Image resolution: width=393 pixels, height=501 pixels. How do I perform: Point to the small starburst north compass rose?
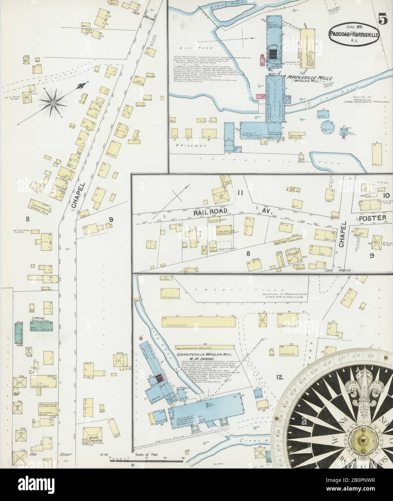[53, 103]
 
